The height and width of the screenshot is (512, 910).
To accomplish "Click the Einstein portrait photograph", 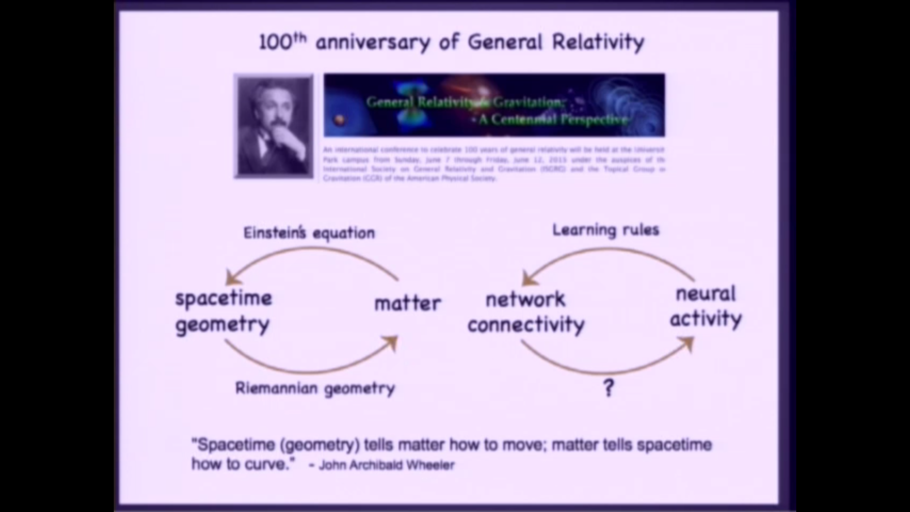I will [x=274, y=127].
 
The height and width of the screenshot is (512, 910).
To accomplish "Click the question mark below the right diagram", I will [x=609, y=388].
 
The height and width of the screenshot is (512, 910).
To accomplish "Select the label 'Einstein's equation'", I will [x=309, y=233].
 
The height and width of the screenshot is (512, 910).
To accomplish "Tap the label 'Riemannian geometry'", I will [x=315, y=388].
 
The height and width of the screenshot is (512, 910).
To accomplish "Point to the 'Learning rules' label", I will [x=606, y=230].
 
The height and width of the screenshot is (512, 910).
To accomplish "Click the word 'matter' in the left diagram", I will [x=408, y=303].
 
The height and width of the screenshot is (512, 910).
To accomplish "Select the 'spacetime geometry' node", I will [x=224, y=311].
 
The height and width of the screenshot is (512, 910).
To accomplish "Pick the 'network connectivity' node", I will [x=526, y=312].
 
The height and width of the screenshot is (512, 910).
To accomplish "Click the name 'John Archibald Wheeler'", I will [x=387, y=465].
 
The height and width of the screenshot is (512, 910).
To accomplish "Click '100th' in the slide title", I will [x=282, y=42].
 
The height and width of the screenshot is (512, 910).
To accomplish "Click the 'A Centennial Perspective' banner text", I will [x=553, y=119].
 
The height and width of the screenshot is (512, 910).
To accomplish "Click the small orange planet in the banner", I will [x=339, y=120].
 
